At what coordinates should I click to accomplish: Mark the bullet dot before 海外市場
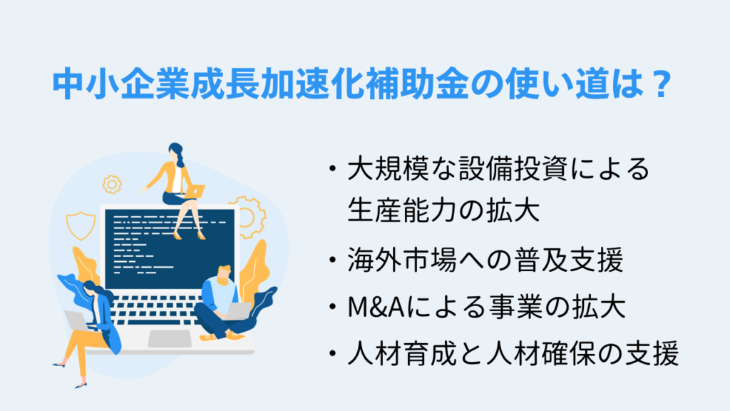(332, 262)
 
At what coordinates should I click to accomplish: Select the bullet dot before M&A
(332, 309)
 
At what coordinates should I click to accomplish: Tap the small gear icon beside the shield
(112, 186)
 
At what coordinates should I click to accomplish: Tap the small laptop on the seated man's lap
(238, 311)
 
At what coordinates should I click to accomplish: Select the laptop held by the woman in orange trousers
(76, 320)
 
